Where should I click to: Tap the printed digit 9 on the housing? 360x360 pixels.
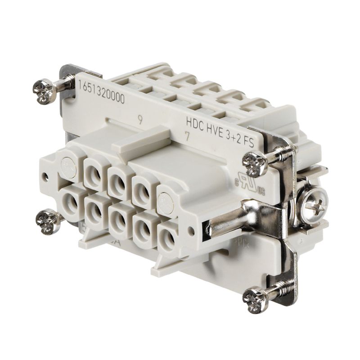point(141,120)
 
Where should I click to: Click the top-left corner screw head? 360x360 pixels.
point(44,88)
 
